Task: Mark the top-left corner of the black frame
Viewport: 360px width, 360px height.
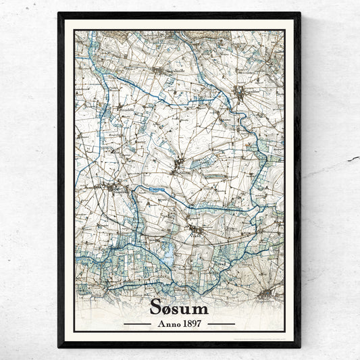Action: (x=59, y=13)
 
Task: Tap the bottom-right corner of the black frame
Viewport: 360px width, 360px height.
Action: (x=300, y=347)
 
